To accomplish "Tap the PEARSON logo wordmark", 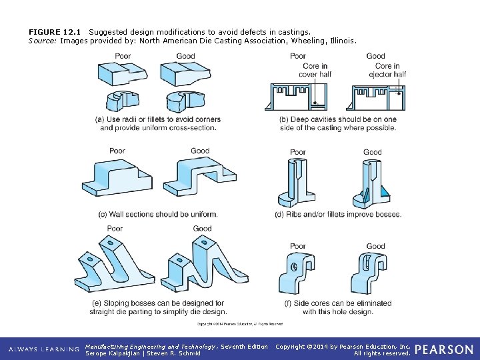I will pyautogui.click(x=444, y=350).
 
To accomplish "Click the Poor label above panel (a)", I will pyautogui.click(x=123, y=56).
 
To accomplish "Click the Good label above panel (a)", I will pyautogui.click(x=185, y=56).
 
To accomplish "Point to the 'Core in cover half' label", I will pyautogui.click(x=315, y=70).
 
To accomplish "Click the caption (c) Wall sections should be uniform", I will pyautogui.click(x=157, y=214).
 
